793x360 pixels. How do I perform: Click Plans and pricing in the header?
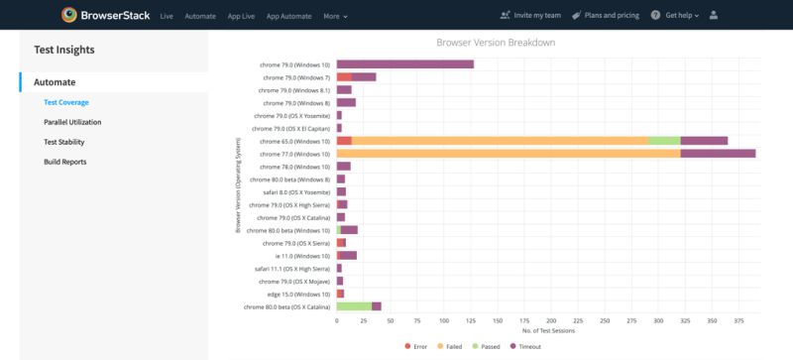coord(613,16)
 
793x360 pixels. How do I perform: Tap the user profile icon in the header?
coord(715,16)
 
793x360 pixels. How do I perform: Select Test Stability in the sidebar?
coord(64,142)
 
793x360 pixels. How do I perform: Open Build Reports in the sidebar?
coord(64,162)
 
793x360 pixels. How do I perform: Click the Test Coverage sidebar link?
coord(66,102)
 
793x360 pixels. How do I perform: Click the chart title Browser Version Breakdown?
coord(495,44)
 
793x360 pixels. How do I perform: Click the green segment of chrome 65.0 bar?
coord(663,141)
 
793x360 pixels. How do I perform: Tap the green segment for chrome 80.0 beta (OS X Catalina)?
coord(354,306)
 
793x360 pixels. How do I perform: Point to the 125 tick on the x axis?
coord(471,321)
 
